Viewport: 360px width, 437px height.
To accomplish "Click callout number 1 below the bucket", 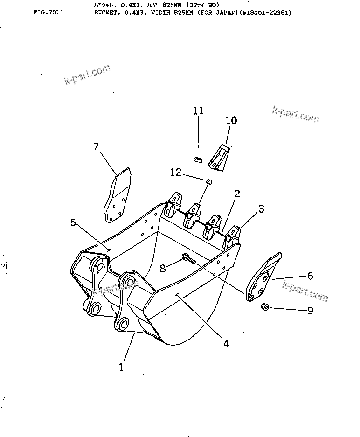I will coord(121,367).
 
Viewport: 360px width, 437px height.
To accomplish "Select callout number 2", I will coord(237,194).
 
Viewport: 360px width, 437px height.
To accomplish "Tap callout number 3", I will coord(261,209).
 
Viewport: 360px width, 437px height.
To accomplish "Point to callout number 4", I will coord(226,343).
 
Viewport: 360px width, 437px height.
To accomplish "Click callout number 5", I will coord(73,222).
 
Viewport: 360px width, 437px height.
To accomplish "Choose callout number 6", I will coord(310,276).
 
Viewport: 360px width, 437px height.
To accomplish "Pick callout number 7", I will coord(96,147).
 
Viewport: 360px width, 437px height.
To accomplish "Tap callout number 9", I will coord(310,310).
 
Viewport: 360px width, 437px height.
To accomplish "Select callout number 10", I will coord(231,120).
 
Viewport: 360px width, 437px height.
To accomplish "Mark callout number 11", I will coord(199,111).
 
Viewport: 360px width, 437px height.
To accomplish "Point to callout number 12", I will coord(175,172).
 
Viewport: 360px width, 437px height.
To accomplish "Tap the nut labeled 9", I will coord(264,307).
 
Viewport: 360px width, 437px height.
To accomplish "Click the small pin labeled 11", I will coord(197,160).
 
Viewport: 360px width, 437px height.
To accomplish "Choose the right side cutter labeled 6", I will coord(262,279).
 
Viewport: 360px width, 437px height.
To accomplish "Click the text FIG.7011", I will coord(48,13).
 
